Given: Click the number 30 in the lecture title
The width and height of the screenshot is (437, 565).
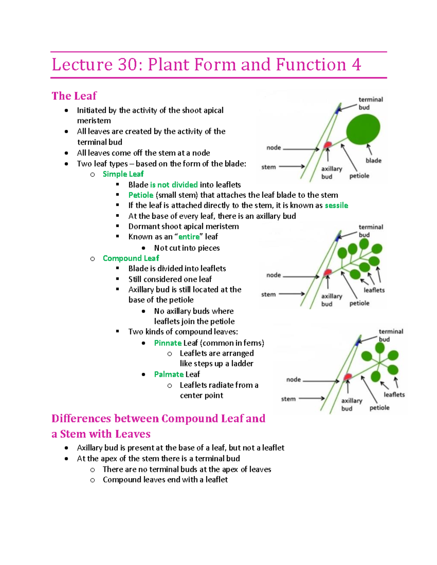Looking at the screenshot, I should [x=127, y=65].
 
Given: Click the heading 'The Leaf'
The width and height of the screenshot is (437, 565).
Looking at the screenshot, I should [x=74, y=96].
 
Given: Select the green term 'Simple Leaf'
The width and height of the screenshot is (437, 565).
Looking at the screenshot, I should [x=123, y=174].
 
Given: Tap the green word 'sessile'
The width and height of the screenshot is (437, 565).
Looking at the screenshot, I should [x=336, y=206].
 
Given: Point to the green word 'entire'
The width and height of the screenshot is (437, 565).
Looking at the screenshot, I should [x=189, y=237].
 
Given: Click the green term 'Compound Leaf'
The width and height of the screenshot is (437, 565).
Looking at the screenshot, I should [x=131, y=258].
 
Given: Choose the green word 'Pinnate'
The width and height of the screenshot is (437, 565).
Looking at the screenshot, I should [x=168, y=343].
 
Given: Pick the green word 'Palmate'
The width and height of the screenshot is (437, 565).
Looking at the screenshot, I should [x=169, y=374].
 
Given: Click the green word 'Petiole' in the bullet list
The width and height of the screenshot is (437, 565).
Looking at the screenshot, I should [x=141, y=195].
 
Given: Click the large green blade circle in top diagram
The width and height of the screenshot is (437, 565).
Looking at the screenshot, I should [x=363, y=129].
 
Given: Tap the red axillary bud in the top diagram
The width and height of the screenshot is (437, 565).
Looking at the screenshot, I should [x=327, y=145].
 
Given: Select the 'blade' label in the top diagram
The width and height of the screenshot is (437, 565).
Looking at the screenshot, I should [x=373, y=160].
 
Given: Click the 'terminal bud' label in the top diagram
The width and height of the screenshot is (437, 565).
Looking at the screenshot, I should [x=370, y=103].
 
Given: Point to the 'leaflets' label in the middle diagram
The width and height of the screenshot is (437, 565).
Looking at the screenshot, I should [x=374, y=290].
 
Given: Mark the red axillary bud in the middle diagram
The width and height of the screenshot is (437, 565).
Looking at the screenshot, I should [x=328, y=272].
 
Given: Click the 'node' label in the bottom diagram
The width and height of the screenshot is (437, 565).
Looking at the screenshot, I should [x=293, y=379].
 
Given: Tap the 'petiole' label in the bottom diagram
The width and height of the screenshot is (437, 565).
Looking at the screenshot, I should [x=379, y=407].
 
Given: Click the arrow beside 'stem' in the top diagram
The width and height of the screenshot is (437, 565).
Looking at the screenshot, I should [x=292, y=167].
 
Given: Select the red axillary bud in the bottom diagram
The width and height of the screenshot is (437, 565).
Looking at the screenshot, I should [x=348, y=377].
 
